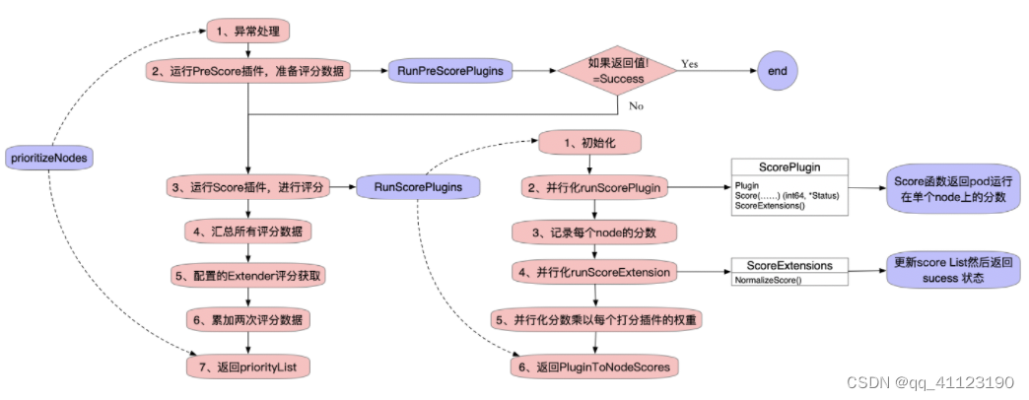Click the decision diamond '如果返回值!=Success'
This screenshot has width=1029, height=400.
click(616, 71)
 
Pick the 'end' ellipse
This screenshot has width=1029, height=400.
click(777, 71)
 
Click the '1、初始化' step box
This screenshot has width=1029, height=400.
click(589, 144)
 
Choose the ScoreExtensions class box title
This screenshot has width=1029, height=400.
click(789, 266)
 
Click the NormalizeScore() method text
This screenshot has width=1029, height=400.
click(769, 280)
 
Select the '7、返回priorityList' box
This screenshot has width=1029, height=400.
click(249, 367)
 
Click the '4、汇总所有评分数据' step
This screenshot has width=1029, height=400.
click(249, 232)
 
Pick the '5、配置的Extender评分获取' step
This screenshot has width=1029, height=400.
click(249, 277)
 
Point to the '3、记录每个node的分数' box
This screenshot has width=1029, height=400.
click(595, 233)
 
